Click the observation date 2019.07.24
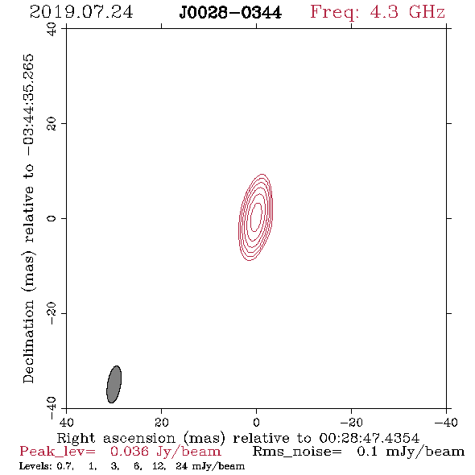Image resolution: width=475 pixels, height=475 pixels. pos(81,12)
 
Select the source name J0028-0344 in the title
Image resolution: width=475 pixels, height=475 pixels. pos(230,13)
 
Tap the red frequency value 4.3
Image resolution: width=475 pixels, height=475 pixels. pos(384,12)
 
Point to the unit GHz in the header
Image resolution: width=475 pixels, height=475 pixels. pos(427,12)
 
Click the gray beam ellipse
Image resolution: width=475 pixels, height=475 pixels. pos(114,384)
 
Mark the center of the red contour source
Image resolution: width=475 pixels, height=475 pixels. pos(256,217)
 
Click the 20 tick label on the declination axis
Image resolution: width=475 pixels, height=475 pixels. pos(52,124)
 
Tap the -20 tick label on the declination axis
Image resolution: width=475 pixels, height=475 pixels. pos(52,313)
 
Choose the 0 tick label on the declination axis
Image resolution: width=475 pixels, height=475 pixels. pos(52,218)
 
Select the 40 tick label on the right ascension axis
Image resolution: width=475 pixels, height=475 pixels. pos(66,423)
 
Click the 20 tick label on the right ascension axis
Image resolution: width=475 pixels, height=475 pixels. pos(162,423)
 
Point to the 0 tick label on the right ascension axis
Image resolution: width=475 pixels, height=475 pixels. pos(256,423)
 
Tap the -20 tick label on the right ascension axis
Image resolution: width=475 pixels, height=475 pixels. pos(351,423)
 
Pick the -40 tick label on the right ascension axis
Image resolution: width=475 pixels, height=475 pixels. pos(446,423)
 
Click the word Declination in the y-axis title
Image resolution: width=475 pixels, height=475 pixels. pos(28,341)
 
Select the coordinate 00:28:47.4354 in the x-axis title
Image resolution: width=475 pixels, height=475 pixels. pos(369,438)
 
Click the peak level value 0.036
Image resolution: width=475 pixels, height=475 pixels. pos(130,452)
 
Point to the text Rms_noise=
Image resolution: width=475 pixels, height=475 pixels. pos(297,452)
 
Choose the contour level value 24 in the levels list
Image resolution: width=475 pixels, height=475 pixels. pos(181,466)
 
